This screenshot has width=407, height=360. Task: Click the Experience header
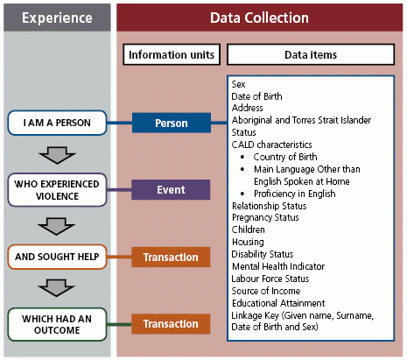coord(56,18)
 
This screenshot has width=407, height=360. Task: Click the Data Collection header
coord(260,18)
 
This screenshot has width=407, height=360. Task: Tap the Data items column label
coord(312,54)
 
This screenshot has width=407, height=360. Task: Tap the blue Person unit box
coord(171,124)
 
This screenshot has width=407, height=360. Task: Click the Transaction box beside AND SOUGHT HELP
coord(171,258)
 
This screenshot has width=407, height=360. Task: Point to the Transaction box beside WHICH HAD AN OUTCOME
coord(171,323)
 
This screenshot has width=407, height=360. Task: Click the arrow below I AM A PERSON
coord(56,155)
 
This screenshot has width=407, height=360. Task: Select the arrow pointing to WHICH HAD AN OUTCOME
coord(56,289)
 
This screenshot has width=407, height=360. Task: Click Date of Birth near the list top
coord(259,95)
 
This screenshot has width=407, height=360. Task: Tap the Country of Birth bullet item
coord(288,156)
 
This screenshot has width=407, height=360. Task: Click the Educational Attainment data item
coord(276,303)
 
